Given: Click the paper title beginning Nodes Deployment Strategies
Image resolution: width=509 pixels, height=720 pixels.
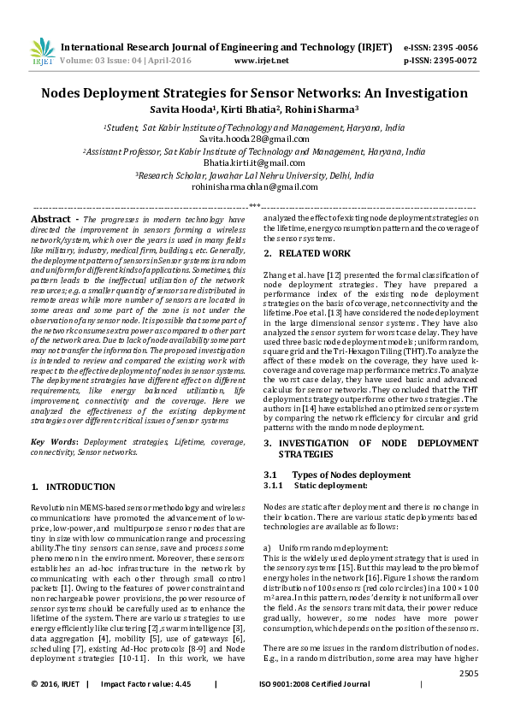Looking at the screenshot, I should pyautogui.click(x=254, y=93).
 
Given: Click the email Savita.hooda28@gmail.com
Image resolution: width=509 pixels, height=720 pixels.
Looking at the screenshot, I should pyautogui.click(x=254, y=137).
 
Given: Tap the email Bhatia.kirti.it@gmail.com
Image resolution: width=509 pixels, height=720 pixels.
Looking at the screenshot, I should pyautogui.click(x=254, y=162).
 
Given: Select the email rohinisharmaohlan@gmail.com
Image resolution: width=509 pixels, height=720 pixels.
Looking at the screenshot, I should pyautogui.click(x=254, y=186).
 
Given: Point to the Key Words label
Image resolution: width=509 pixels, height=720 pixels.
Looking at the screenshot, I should pyautogui.click(x=54, y=442).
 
